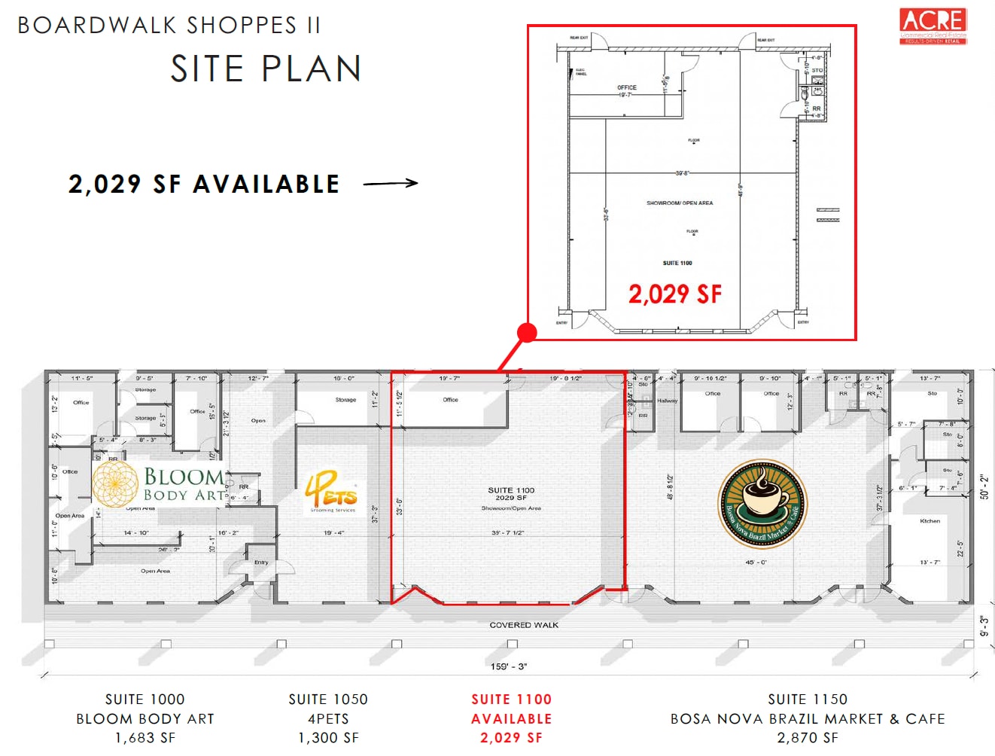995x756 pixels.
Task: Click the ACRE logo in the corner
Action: coord(933,26)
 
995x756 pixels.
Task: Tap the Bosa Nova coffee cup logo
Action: coord(762,503)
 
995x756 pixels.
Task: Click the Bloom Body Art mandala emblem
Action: coord(114,483)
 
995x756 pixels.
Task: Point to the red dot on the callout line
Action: coord(527,332)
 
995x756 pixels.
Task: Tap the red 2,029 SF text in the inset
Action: coord(674,294)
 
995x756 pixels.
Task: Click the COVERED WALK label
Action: coord(524,625)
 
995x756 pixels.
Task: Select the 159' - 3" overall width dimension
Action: coord(509,666)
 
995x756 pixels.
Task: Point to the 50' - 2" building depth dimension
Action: coord(984,486)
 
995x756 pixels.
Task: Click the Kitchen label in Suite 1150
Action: coord(930,521)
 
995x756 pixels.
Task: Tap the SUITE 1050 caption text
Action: coord(328,700)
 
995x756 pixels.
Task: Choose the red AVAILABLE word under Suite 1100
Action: coord(511,719)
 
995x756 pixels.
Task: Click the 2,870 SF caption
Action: coord(807,738)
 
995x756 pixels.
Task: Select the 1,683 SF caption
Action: coord(145,738)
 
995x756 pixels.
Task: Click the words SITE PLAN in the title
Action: coord(266,69)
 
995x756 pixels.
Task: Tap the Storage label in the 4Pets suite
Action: coord(345,400)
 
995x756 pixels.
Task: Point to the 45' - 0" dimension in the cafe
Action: coord(756,562)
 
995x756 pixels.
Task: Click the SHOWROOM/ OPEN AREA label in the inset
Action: coord(679,203)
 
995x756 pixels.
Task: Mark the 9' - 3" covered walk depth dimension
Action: coord(984,625)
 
